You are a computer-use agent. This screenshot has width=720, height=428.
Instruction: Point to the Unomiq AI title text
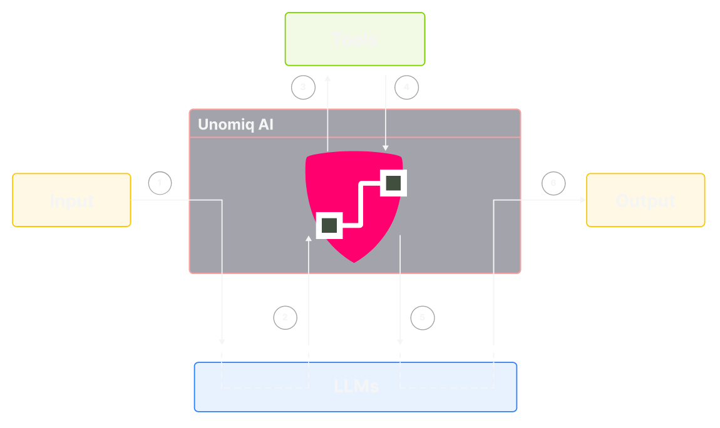235,124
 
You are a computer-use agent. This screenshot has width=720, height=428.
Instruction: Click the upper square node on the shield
393,183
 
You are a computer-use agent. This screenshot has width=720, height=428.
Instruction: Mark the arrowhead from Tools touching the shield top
385,148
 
